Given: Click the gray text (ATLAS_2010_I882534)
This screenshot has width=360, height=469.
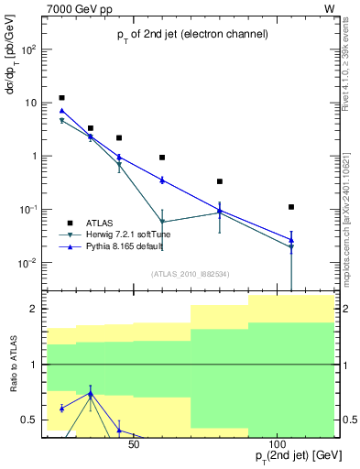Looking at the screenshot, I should [191, 274].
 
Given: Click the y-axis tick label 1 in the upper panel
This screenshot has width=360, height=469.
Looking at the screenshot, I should [33, 156].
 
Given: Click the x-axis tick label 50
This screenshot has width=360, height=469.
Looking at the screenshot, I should [134, 445].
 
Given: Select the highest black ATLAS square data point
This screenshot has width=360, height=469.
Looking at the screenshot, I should [61, 98].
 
